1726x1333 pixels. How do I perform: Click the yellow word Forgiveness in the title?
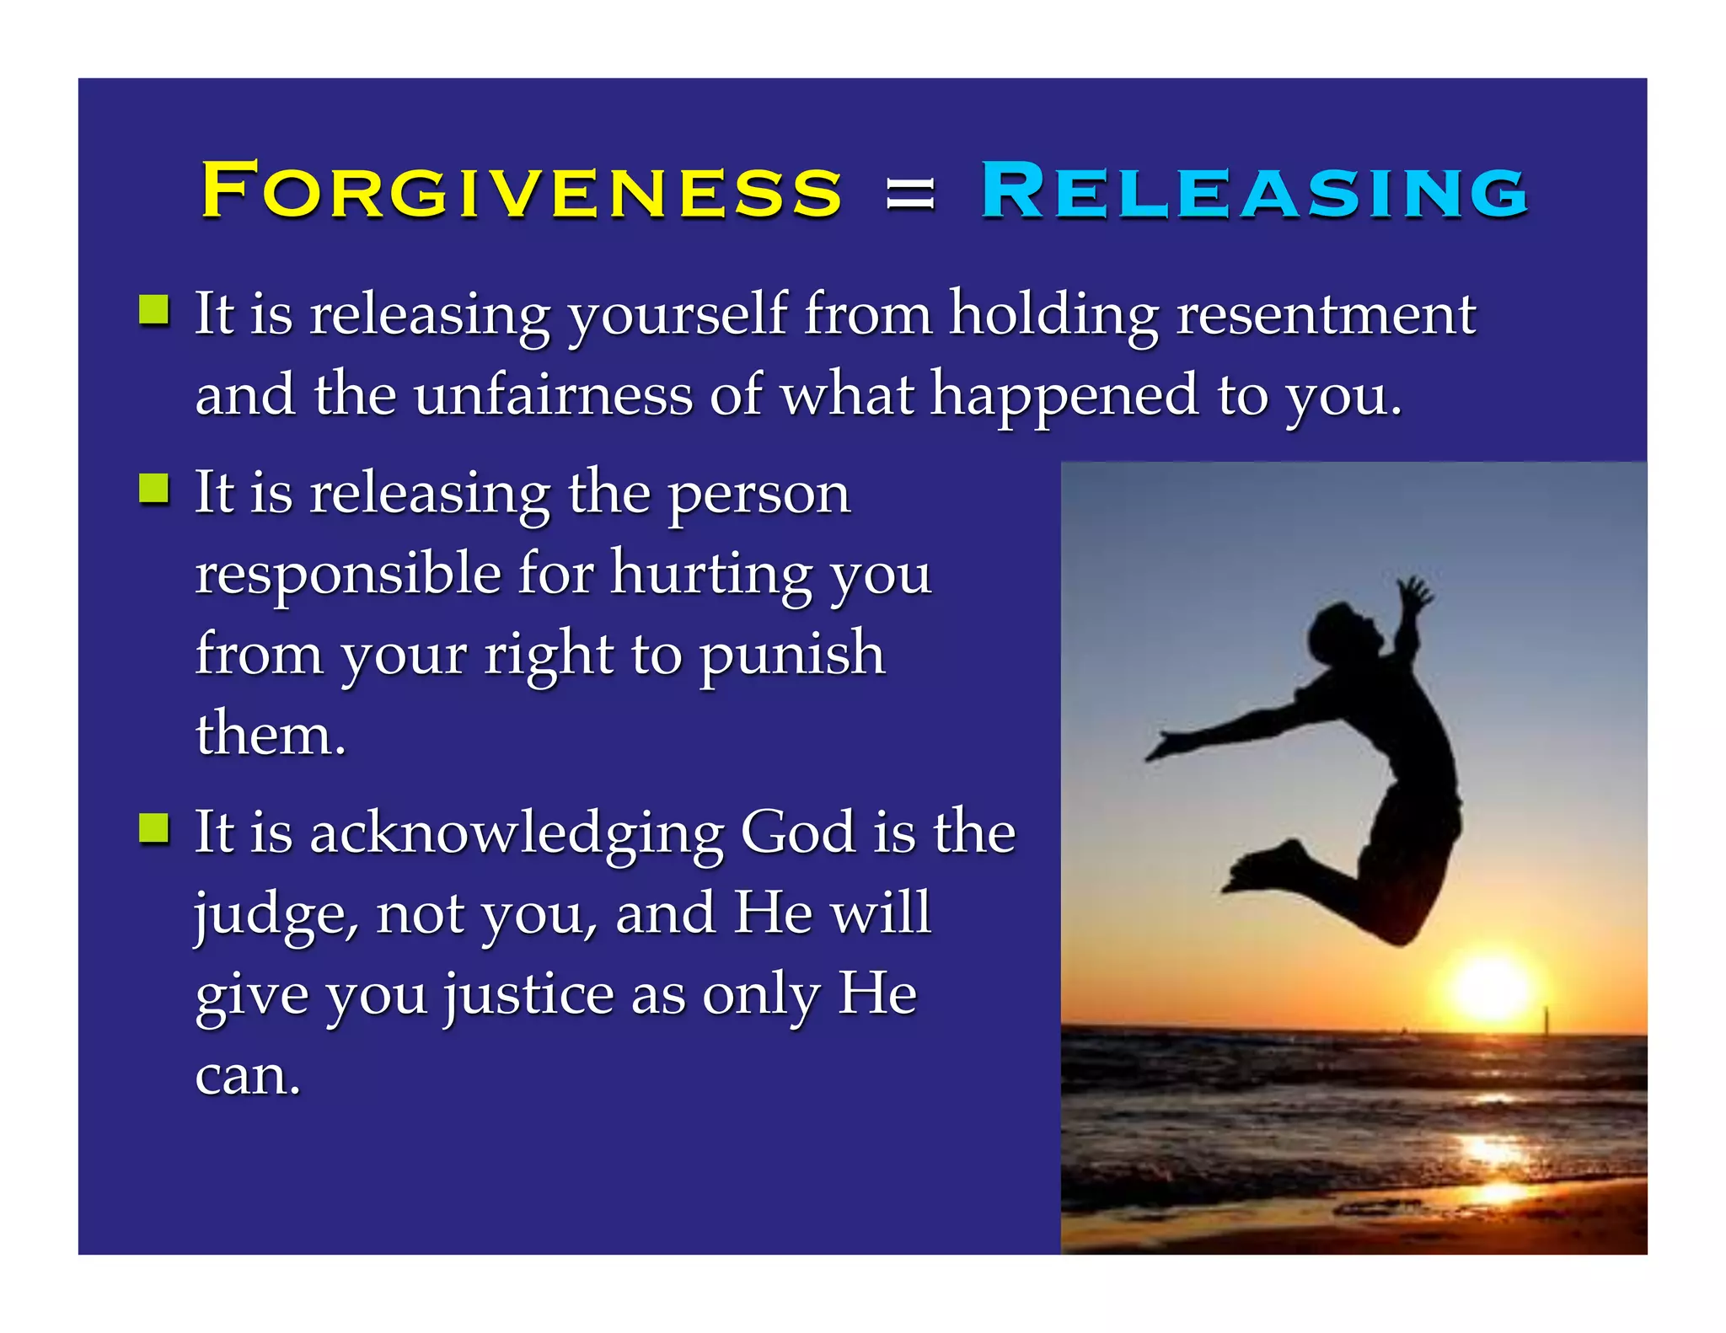point(521,190)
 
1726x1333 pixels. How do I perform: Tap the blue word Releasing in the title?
point(1254,190)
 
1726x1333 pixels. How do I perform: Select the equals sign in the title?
point(910,194)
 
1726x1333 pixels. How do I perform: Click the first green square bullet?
point(153,310)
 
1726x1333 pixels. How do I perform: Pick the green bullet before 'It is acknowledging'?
point(153,828)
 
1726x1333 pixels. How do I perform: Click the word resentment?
point(1325,314)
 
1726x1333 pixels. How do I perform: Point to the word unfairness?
point(552,394)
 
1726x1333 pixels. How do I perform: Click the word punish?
point(791,654)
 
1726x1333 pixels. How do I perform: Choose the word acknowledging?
point(516,832)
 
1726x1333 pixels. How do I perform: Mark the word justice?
point(529,995)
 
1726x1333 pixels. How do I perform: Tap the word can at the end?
point(246,1076)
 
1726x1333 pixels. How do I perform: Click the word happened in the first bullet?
point(1064,394)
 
